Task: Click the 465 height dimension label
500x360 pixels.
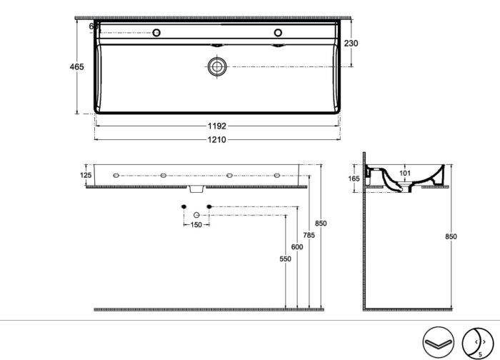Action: tap(76, 66)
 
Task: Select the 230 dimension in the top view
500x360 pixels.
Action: tap(351, 44)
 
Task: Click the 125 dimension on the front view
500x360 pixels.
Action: tap(86, 175)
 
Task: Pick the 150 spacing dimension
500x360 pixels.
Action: tap(196, 225)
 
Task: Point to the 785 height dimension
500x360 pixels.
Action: tap(309, 234)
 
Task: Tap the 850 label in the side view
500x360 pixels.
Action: tap(450, 236)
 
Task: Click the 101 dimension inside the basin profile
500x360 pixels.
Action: tap(406, 171)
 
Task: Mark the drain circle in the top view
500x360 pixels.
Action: tap(216, 67)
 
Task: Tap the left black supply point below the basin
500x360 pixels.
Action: tap(184, 206)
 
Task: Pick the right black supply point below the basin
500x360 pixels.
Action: tap(209, 206)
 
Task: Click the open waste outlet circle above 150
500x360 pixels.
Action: tap(196, 215)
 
